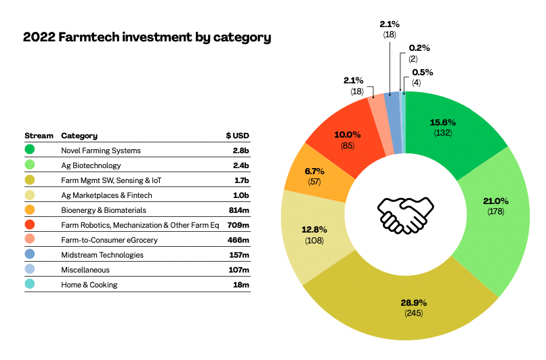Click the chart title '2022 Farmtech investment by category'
[x=147, y=37]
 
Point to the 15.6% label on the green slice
[x=443, y=123]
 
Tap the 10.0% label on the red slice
[x=346, y=134]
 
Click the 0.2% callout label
[x=419, y=48]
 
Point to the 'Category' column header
[x=79, y=136]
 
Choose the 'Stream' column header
[x=39, y=136]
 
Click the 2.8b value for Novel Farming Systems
[x=240, y=151]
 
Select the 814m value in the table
[x=238, y=210]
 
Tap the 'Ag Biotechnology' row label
[x=91, y=165]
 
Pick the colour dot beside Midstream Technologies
[x=30, y=255]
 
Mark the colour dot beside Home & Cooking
[x=30, y=285]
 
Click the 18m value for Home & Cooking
[x=241, y=285]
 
